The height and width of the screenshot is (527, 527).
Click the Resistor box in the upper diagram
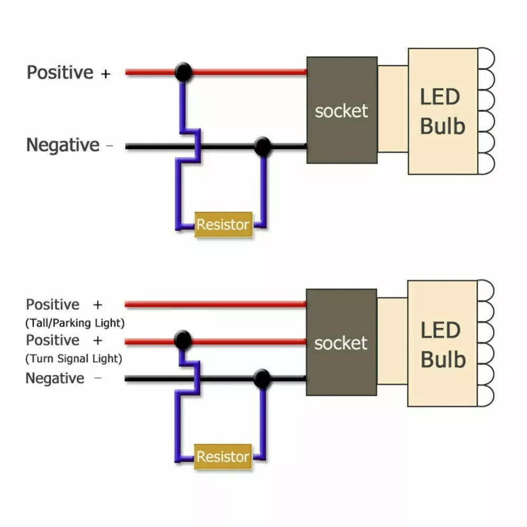[x=223, y=225]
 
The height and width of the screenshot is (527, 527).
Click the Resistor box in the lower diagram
[x=222, y=457]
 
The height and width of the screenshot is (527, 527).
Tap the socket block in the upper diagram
[x=341, y=110]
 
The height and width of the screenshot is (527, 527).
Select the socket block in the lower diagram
[x=341, y=343]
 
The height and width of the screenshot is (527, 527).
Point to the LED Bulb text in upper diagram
[x=443, y=112]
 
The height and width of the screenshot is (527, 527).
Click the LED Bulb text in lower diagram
[x=443, y=345]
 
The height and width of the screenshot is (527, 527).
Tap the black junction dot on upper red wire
[x=183, y=72]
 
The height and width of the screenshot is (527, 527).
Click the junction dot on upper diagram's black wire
[x=262, y=146]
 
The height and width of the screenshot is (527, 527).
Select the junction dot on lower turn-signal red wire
[x=182, y=340]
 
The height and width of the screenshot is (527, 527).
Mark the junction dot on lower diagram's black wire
[x=261, y=378]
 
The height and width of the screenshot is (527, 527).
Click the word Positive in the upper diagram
[x=60, y=72]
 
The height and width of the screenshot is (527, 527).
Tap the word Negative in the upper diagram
[x=63, y=145]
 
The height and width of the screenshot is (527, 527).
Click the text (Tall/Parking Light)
[x=75, y=322]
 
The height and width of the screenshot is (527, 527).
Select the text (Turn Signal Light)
[x=74, y=359]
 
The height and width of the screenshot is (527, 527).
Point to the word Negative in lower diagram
[x=54, y=378]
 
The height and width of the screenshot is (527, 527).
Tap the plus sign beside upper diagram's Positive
[x=106, y=73]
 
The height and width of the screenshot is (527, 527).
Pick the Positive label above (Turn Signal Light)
[x=53, y=340]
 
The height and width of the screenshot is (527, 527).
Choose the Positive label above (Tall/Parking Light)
[x=53, y=305]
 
